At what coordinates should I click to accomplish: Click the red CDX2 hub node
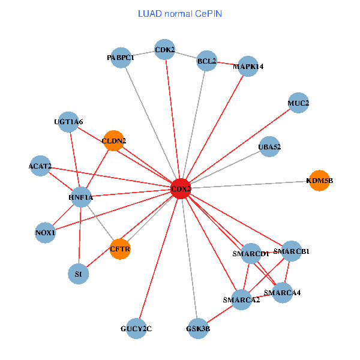click(x=181, y=188)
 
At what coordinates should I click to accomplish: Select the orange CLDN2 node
click(x=114, y=142)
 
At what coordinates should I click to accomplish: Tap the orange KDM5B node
click(x=319, y=180)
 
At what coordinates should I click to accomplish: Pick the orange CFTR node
click(x=120, y=248)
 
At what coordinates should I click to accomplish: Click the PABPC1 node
click(x=121, y=58)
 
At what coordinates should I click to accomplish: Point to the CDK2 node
click(x=164, y=50)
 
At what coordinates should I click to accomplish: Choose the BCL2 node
click(x=206, y=61)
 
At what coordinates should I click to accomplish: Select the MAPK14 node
click(x=248, y=67)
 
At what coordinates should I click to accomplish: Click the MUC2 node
click(x=298, y=103)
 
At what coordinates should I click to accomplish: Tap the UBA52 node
click(x=269, y=147)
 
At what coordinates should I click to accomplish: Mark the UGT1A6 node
click(x=69, y=122)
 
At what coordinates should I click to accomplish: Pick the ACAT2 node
click(x=40, y=166)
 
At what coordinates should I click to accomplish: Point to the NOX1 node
click(x=46, y=232)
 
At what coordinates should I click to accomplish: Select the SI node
click(x=78, y=274)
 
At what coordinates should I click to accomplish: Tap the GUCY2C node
click(x=136, y=328)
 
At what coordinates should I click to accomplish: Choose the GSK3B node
click(x=197, y=328)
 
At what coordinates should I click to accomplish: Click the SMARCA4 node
click(x=283, y=293)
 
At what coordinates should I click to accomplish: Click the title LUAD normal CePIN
click(x=180, y=13)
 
